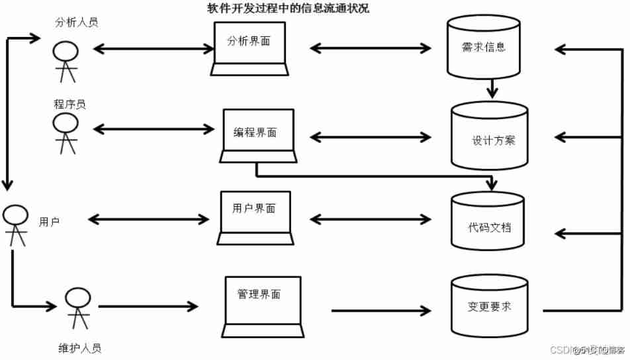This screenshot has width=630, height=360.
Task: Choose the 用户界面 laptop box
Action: pos(255,214)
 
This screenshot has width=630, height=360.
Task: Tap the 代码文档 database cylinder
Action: pos(488,222)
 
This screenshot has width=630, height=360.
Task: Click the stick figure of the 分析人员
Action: pos(66,59)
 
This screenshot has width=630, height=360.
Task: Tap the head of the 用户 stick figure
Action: pos(16,214)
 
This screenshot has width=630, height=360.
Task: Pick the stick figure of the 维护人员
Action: pos(77,307)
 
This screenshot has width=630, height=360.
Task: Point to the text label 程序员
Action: pos(69,105)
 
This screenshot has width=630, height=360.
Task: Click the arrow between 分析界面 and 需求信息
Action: pos(371,48)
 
